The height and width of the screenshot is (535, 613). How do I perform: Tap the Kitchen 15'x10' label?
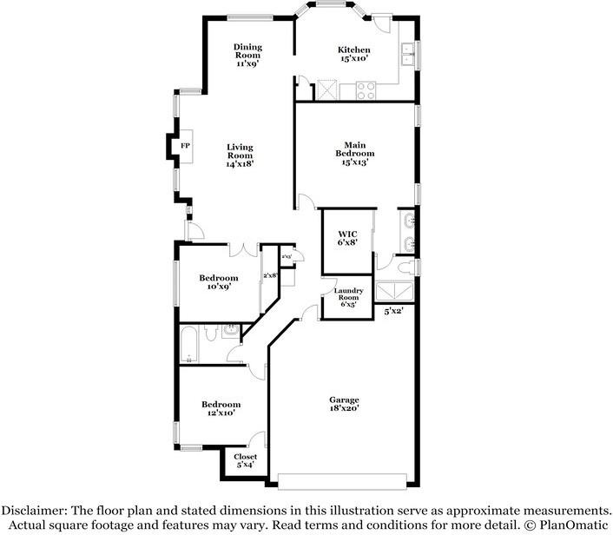(x=354, y=55)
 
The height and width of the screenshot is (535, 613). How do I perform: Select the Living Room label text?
(x=240, y=155)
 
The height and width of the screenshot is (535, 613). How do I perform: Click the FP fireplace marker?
(x=185, y=145)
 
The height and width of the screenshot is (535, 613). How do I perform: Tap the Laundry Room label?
(x=348, y=298)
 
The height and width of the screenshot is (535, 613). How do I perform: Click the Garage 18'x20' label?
(x=344, y=403)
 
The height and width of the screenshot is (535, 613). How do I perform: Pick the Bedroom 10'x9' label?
(x=218, y=282)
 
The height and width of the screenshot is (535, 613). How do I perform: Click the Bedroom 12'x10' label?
(x=221, y=408)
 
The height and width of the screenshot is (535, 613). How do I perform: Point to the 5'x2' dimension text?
(x=393, y=310)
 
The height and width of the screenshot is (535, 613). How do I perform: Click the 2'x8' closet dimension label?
(x=269, y=275)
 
